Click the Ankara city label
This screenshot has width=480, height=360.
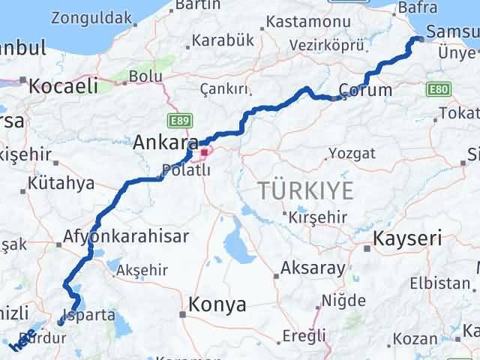(x=166, y=142)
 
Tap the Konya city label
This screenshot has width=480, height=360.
(x=217, y=304)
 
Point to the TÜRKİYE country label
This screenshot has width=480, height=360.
(x=305, y=190)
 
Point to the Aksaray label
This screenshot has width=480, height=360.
(x=313, y=268)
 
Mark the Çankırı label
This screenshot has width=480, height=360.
(x=224, y=89)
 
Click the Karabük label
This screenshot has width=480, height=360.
(x=222, y=40)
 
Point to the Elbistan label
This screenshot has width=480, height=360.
(x=440, y=283)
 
